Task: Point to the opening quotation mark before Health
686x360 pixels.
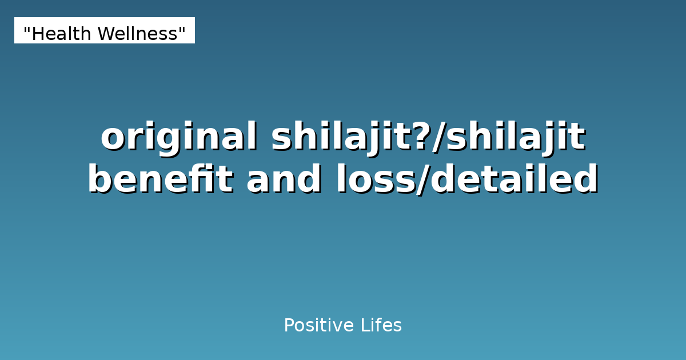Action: [26, 30]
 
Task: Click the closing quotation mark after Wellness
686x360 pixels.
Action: [182, 30]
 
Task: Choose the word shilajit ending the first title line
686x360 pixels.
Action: [515, 137]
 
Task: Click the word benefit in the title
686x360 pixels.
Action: [160, 180]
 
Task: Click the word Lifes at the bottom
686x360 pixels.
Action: [381, 326]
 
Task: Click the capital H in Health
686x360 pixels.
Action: [37, 34]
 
